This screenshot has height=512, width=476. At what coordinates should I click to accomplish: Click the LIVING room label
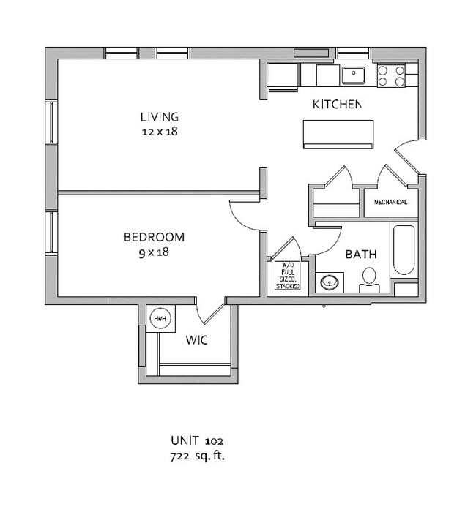click(x=159, y=117)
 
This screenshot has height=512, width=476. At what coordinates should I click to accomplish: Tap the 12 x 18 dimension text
click(x=159, y=132)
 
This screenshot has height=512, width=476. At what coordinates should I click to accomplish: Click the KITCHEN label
click(x=338, y=105)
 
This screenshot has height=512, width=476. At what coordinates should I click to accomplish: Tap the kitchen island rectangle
click(x=338, y=134)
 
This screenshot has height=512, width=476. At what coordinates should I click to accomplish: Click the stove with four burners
click(x=391, y=75)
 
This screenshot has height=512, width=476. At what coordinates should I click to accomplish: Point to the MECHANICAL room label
click(x=390, y=203)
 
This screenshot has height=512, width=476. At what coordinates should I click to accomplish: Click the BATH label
click(x=361, y=255)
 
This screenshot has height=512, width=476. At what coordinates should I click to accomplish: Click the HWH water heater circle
click(x=160, y=318)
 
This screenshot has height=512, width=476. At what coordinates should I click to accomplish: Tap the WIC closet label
click(x=197, y=340)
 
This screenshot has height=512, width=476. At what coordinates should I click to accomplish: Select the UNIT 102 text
click(x=197, y=441)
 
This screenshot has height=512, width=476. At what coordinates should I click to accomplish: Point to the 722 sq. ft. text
click(x=197, y=456)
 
